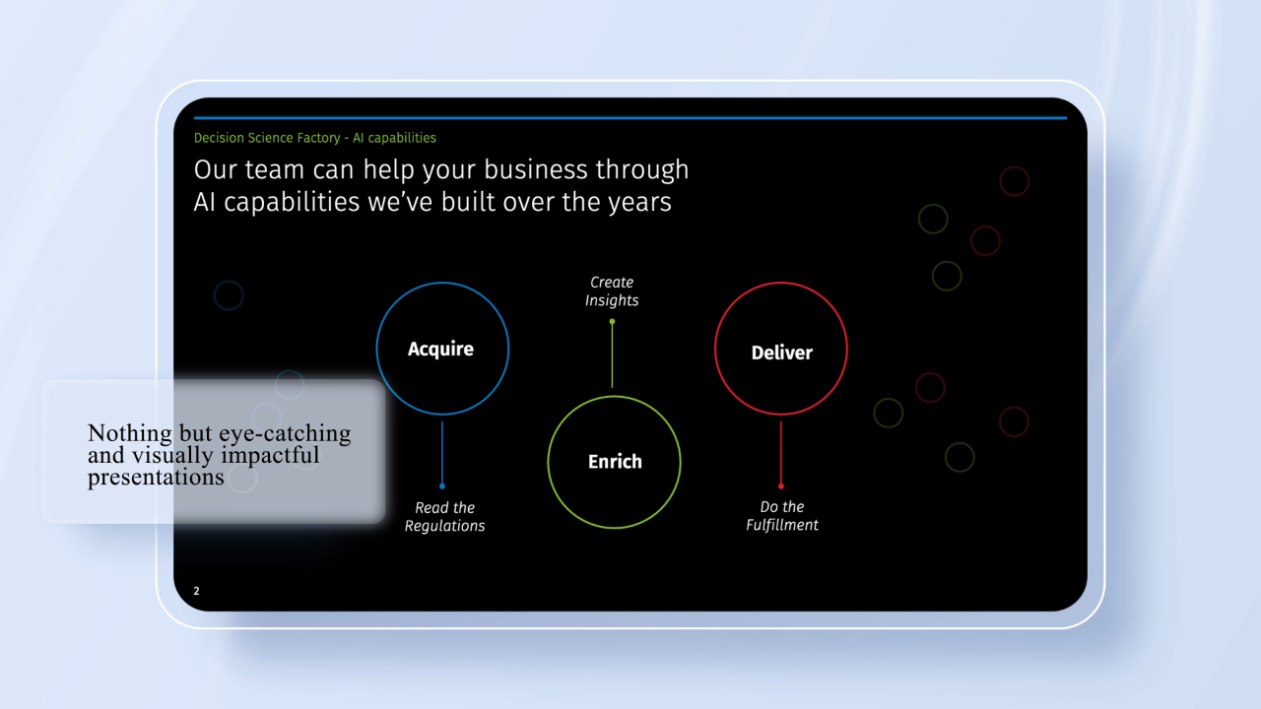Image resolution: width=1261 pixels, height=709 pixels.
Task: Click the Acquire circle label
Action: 440,349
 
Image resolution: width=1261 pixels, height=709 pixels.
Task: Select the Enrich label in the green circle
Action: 615,462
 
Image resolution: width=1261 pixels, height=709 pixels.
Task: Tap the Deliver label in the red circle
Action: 782,353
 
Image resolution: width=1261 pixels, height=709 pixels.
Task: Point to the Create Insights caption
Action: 612,290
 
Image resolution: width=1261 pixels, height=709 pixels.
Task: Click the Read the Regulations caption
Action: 444,517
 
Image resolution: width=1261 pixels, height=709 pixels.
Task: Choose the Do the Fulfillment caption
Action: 782,515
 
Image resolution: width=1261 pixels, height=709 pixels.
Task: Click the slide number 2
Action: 196,591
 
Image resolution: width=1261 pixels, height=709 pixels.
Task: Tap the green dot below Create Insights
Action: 612,322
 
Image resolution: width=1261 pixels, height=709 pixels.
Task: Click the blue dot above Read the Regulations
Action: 442,486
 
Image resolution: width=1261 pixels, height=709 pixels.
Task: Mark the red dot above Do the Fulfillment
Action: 781,486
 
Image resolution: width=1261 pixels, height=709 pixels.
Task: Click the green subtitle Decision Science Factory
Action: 267,138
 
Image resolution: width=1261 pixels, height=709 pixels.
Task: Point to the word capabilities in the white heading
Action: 292,202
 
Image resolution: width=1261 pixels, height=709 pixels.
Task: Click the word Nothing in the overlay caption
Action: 130,433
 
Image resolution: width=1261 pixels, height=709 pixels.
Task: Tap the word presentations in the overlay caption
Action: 156,478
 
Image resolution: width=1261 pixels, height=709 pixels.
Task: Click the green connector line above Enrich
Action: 612,355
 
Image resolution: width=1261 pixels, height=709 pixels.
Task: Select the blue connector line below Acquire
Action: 442,452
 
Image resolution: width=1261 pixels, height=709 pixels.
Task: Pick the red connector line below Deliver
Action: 781,452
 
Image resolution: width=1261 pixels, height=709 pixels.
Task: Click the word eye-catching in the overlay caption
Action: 285,434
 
